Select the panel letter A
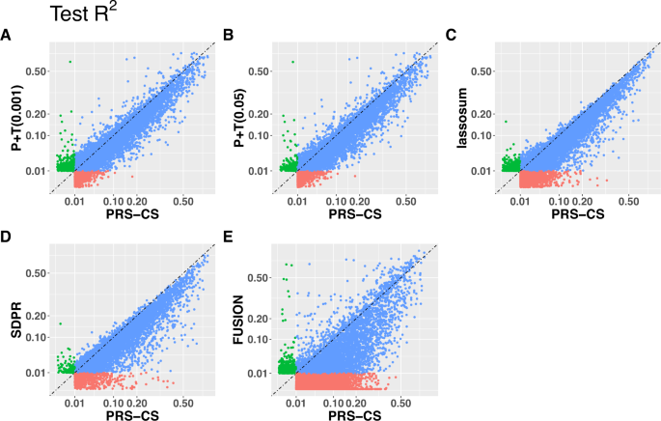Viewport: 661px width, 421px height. [7, 36]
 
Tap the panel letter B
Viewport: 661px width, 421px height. [228, 36]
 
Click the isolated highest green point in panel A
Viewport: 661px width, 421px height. [69, 62]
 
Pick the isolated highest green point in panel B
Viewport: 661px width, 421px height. [292, 62]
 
